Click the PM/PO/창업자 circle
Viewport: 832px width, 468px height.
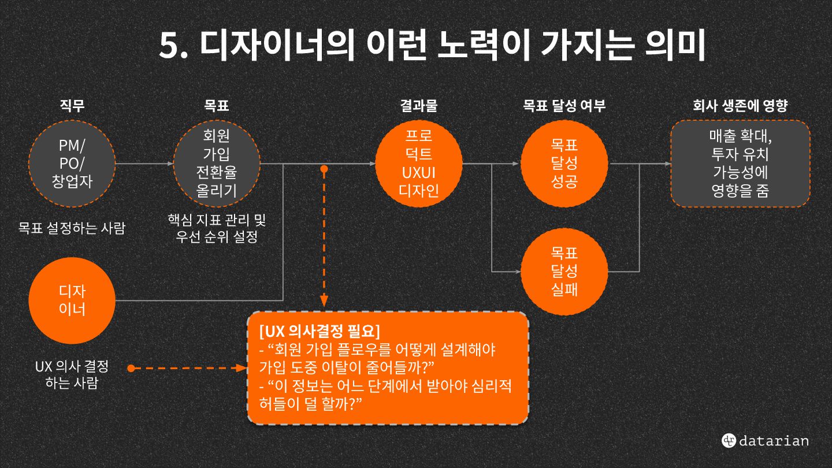pyautogui.click(x=72, y=164)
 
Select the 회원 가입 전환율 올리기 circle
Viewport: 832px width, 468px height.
pyautogui.click(x=217, y=164)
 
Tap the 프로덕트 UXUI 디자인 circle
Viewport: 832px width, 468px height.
pyautogui.click(x=419, y=164)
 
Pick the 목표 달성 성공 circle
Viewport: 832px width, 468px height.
pyautogui.click(x=564, y=164)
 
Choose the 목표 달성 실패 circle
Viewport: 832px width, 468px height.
pyautogui.click(x=564, y=271)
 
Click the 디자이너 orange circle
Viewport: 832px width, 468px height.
pyautogui.click(x=72, y=300)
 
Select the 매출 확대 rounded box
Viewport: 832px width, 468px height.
pyautogui.click(x=740, y=164)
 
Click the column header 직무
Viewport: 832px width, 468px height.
pyautogui.click(x=72, y=106)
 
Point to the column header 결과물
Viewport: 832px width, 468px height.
pyautogui.click(x=419, y=106)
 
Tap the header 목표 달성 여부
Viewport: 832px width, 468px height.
pyautogui.click(x=564, y=106)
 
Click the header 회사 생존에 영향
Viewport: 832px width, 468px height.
pyautogui.click(x=740, y=106)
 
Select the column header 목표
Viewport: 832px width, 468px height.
pyautogui.click(x=217, y=106)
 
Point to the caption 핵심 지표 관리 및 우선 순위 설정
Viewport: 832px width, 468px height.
pyautogui.click(x=217, y=228)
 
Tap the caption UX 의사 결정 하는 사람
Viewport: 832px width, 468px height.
pyautogui.click(x=72, y=374)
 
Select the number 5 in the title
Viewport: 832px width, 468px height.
pyautogui.click(x=169, y=46)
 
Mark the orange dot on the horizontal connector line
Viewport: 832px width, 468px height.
pyautogui.click(x=324, y=169)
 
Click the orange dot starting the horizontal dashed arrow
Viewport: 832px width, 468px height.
pyautogui.click(x=131, y=367)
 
